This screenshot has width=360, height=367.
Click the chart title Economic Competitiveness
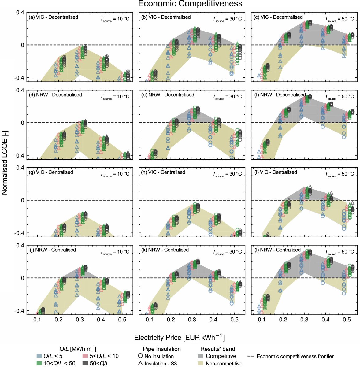point(190,4)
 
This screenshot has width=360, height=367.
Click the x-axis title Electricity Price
point(180,338)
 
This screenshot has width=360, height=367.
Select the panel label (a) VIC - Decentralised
point(53,17)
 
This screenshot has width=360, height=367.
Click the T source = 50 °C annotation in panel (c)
point(339,19)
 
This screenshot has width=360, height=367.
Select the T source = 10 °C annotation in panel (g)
point(115,174)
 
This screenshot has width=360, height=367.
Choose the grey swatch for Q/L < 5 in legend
point(39,356)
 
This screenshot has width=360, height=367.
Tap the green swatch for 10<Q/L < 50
point(39,363)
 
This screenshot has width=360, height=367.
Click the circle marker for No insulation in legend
point(140,356)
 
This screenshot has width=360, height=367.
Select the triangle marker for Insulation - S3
point(140,364)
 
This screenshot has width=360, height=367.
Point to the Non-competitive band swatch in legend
point(201,364)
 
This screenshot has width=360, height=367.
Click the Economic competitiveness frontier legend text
point(295,356)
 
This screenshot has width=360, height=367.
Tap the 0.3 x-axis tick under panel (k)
point(192,320)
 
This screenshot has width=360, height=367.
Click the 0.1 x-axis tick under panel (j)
point(37,320)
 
